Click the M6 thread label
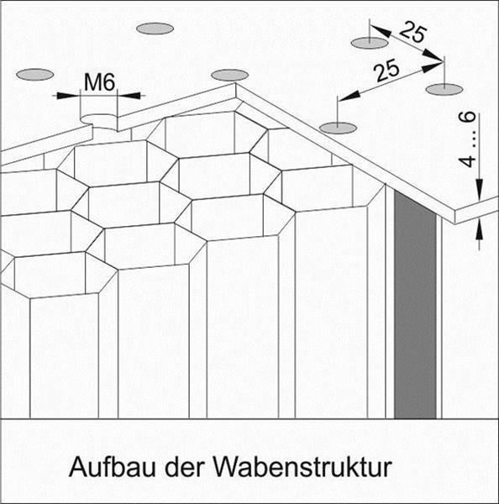pos(99,82)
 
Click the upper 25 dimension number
pos(413,32)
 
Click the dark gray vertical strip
pos(415,306)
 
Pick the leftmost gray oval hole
pos(34,75)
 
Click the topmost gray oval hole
pos(155,29)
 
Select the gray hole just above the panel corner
pos(229,75)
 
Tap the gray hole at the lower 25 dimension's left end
pos(338,128)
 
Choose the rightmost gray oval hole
pos(444,89)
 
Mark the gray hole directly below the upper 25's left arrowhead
pos(370,43)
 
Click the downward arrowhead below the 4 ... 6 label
pos(479,190)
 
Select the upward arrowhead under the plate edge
pos(479,229)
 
